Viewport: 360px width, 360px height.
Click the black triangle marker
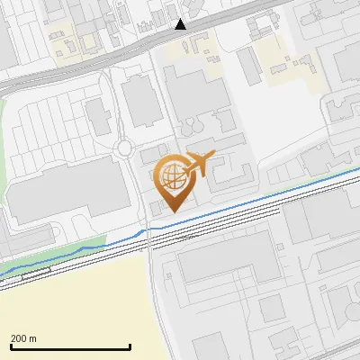tap(181, 24)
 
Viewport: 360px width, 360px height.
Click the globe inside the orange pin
tap(170, 175)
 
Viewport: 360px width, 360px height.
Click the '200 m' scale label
tap(23, 338)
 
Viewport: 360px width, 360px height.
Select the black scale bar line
tap(70, 347)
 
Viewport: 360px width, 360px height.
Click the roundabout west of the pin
tap(124, 148)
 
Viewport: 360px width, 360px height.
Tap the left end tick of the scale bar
tap(10, 346)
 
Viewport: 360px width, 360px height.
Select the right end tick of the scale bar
tap(130, 346)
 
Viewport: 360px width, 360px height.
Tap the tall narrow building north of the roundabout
tap(141, 101)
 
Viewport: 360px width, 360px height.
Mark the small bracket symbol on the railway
tap(37, 270)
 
